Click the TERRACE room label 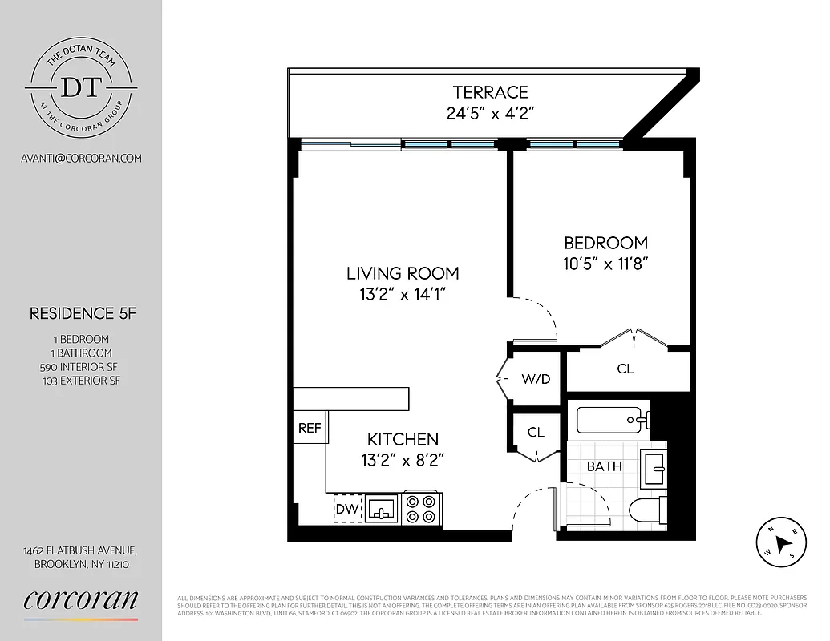click(490, 93)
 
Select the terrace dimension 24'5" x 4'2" click(490, 113)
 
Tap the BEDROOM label click(605, 243)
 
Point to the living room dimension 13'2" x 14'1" click(403, 294)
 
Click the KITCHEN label click(403, 439)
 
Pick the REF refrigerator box click(310, 428)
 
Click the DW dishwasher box click(347, 508)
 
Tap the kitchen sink click(381, 508)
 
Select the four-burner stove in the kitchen click(421, 508)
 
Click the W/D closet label click(536, 379)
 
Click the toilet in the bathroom click(646, 509)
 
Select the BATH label click(604, 466)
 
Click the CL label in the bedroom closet click(626, 369)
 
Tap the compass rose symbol click(780, 542)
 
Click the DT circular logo click(81, 86)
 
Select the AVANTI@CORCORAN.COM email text click(81, 158)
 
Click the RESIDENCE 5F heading click(83, 313)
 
